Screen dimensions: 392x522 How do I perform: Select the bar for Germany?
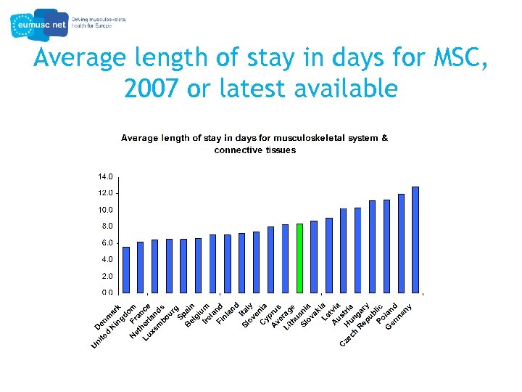point(415,240)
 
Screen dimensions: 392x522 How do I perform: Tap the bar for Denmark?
point(126,269)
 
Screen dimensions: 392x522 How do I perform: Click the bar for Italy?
point(256,262)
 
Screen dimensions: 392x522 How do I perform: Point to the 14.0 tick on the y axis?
point(105,176)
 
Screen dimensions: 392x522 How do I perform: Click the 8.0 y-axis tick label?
point(105,226)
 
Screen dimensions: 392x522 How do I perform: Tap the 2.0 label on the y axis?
point(105,277)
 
